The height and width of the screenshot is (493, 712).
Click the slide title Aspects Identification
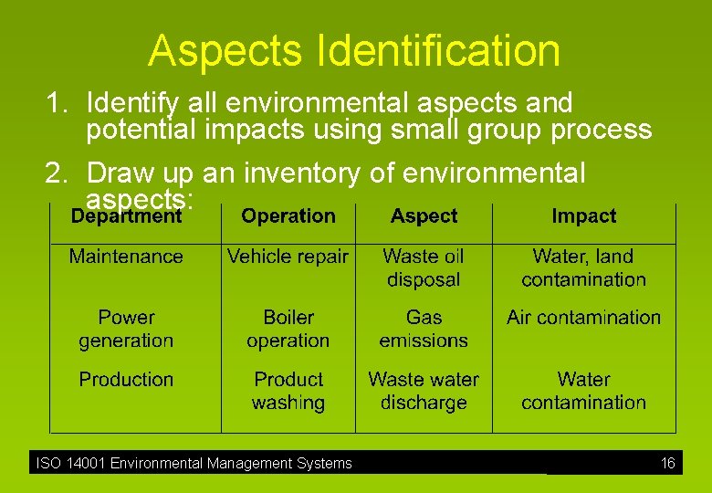coord(354,51)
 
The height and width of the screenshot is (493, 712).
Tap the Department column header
coord(126,217)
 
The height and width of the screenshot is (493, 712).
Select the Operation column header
coord(288,216)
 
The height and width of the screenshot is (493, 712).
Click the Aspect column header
coord(424,216)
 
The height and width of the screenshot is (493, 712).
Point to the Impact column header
coord(583,216)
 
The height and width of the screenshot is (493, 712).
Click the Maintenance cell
coord(126,257)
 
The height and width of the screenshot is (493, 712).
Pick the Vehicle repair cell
coord(288,257)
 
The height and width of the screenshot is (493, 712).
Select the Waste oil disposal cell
coord(424,268)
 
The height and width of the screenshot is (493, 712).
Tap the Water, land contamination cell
coord(583,268)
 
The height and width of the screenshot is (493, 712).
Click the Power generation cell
coord(126,329)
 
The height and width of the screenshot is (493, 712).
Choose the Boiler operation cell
coord(288,329)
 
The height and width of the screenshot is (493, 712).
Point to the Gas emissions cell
coord(424,329)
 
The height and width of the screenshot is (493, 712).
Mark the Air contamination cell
coord(583,318)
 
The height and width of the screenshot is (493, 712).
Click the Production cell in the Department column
coord(126,379)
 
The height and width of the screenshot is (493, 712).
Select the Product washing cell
coord(288,391)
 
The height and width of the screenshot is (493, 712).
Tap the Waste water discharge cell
coord(424,391)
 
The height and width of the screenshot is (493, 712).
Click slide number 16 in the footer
coord(668,464)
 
